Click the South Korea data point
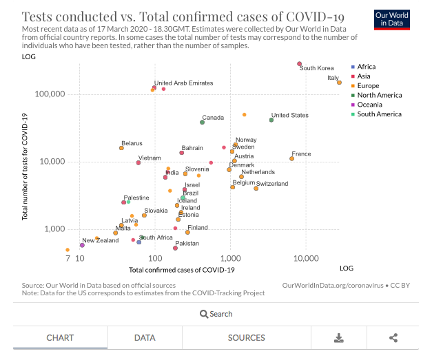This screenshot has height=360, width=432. click(300, 64)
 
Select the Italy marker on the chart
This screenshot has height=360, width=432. click(339, 83)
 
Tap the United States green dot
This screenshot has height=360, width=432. click(271, 120)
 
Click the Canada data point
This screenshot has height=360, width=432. click(202, 122)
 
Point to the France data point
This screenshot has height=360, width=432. click(292, 158)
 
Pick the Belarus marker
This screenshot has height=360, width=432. click(121, 148)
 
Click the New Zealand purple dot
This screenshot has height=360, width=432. click(82, 245)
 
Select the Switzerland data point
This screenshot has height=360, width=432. click(256, 188)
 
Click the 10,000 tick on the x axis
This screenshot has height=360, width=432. click(306, 259)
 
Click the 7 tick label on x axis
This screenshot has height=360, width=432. click(68, 259)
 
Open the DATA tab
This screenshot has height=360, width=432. click(144, 338)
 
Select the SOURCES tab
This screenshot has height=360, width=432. click(246, 338)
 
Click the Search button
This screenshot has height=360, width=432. click(216, 314)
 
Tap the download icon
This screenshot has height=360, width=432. click(338, 338)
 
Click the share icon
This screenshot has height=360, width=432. click(393, 338)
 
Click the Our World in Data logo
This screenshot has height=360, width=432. click(392, 19)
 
